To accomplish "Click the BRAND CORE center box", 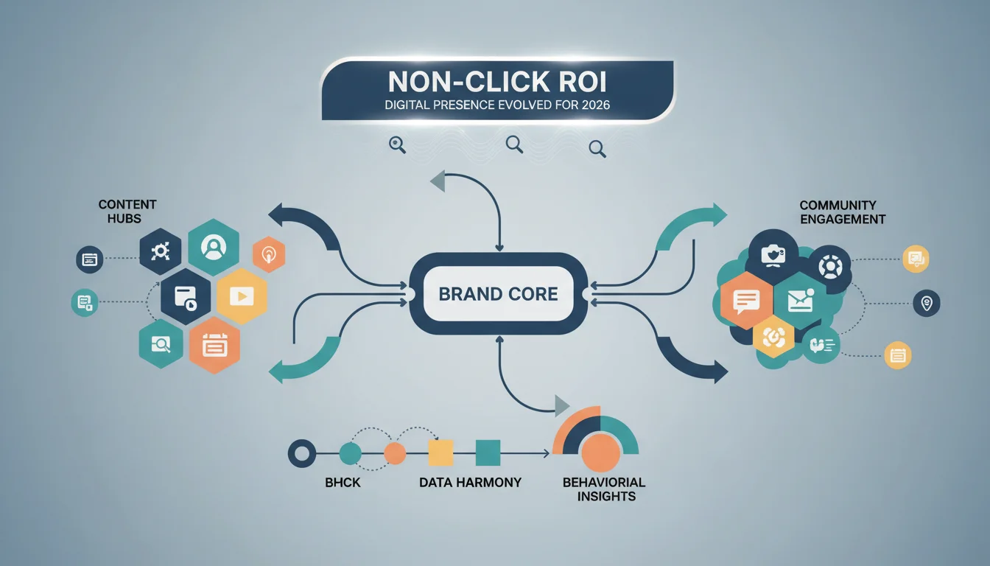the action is tap(499, 293).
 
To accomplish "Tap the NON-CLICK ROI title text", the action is tap(497, 82).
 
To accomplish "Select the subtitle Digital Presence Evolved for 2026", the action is tap(497, 105).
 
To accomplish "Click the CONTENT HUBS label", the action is tap(127, 212).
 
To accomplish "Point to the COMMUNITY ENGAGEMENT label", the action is tap(843, 212).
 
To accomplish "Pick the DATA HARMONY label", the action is tap(470, 483).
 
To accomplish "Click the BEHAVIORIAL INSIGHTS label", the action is tap(604, 489).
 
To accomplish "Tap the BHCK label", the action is tap(343, 483).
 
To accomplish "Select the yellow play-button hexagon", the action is tap(242, 296).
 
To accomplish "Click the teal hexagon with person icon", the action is tap(214, 247).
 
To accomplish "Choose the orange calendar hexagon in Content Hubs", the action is tap(215, 345).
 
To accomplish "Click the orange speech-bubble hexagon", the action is tap(746, 301).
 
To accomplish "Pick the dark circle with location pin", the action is tap(927, 304).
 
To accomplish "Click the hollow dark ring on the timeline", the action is tap(302, 453).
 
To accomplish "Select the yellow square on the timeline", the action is tap(440, 453).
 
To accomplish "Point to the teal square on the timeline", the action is tap(488, 453).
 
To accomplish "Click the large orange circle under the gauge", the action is tap(600, 453).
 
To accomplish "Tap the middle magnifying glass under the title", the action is tap(514, 144).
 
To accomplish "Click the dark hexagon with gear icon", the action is tap(161, 251).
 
